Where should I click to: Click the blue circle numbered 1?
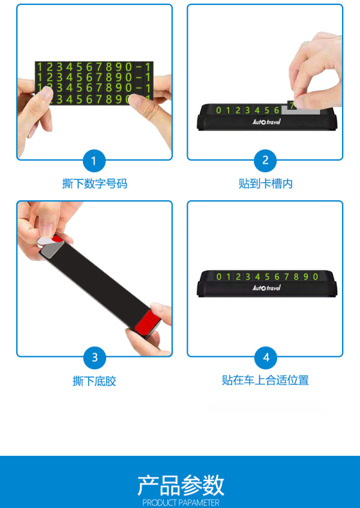tap(94, 161)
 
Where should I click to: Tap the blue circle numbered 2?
tap(265, 161)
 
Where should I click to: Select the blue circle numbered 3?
tap(95, 357)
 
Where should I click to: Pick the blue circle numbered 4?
tap(266, 357)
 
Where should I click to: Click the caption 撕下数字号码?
tap(95, 184)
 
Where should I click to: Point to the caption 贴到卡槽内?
tap(266, 184)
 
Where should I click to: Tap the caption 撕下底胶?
tap(94, 381)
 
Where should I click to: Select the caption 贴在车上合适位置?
tap(265, 380)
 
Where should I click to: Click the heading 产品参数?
tap(181, 485)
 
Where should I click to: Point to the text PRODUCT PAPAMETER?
tap(181, 503)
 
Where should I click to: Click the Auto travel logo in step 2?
tap(266, 122)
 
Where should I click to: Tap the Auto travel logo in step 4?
tap(266, 288)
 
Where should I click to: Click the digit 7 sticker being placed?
tap(292, 106)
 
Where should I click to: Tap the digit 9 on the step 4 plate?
tap(306, 276)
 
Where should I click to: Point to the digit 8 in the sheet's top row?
tap(109, 67)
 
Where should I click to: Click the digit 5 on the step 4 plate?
tap(267, 276)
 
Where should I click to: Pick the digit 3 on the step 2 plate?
tap(248, 110)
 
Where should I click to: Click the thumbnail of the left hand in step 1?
tap(47, 92)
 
